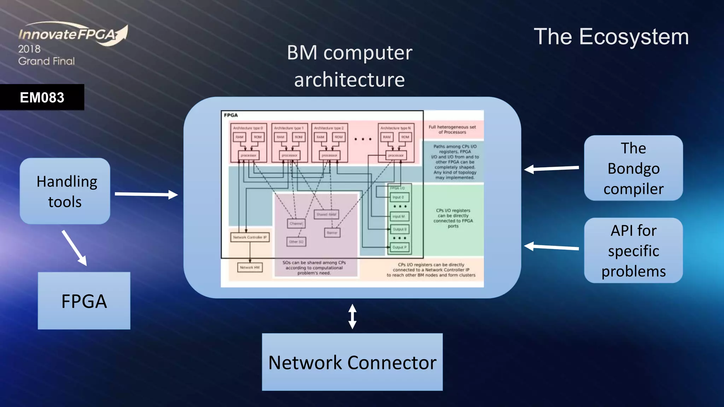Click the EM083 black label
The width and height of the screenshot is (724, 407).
[42, 97]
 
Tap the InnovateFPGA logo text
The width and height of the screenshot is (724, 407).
[67, 34]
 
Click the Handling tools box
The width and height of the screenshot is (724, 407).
[65, 191]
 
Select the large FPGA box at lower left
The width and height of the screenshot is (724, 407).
[84, 301]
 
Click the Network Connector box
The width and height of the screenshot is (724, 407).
[352, 362]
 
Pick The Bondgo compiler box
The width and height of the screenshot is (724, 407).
[633, 168]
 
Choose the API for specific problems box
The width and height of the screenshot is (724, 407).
[633, 250]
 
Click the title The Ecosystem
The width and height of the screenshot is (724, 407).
[611, 36]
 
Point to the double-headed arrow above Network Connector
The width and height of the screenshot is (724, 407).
[352, 316]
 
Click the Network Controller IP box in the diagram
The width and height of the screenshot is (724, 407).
[250, 237]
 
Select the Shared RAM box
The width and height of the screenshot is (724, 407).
[326, 214]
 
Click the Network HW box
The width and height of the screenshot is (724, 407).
[250, 267]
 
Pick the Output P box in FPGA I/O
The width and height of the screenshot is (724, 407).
[399, 247]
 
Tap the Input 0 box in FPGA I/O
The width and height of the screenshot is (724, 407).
[399, 197]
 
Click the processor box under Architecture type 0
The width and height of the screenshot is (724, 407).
[248, 155]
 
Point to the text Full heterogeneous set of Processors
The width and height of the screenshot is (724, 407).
[452, 129]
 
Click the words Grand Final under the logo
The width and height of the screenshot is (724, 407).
[46, 61]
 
